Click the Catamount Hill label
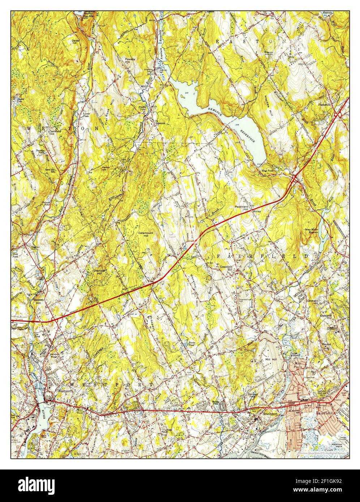click(x=146, y=234)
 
